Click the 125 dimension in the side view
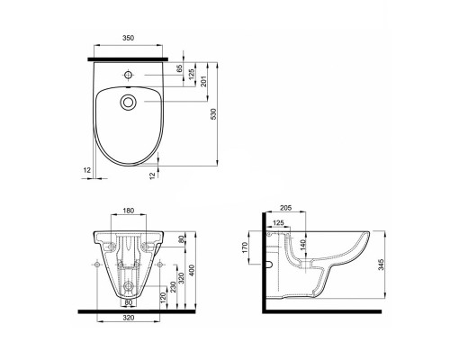(278, 221)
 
